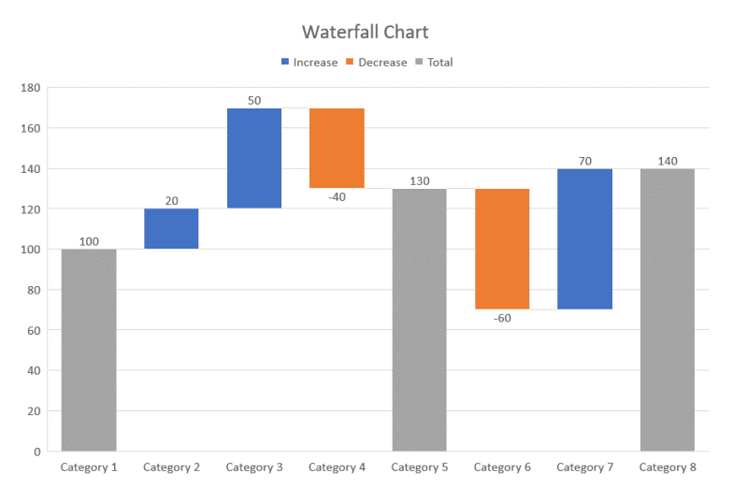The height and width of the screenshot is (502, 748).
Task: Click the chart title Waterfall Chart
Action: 365,32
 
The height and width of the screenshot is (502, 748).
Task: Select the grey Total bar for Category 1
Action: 89,350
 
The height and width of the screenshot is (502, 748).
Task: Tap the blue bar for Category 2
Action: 171,228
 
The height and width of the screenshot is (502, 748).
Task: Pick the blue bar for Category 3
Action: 254,158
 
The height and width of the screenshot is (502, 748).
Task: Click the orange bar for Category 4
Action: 337,148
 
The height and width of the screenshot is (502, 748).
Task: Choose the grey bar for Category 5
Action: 419,320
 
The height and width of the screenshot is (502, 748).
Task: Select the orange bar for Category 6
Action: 502,249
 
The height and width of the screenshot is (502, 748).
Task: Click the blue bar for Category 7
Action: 584,238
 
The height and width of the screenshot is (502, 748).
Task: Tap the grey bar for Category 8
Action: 668,309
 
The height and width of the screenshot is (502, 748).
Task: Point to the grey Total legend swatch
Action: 420,63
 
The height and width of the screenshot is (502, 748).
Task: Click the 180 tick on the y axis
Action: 31,88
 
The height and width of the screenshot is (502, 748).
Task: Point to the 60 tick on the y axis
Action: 34,330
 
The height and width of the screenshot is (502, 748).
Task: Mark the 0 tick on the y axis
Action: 37,452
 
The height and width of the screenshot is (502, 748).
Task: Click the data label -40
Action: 337,196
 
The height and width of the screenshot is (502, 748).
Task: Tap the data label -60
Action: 502,318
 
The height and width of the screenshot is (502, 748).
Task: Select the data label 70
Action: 584,161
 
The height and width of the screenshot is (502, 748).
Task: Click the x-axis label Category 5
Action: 419,467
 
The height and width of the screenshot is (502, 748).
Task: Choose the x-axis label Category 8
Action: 668,467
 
